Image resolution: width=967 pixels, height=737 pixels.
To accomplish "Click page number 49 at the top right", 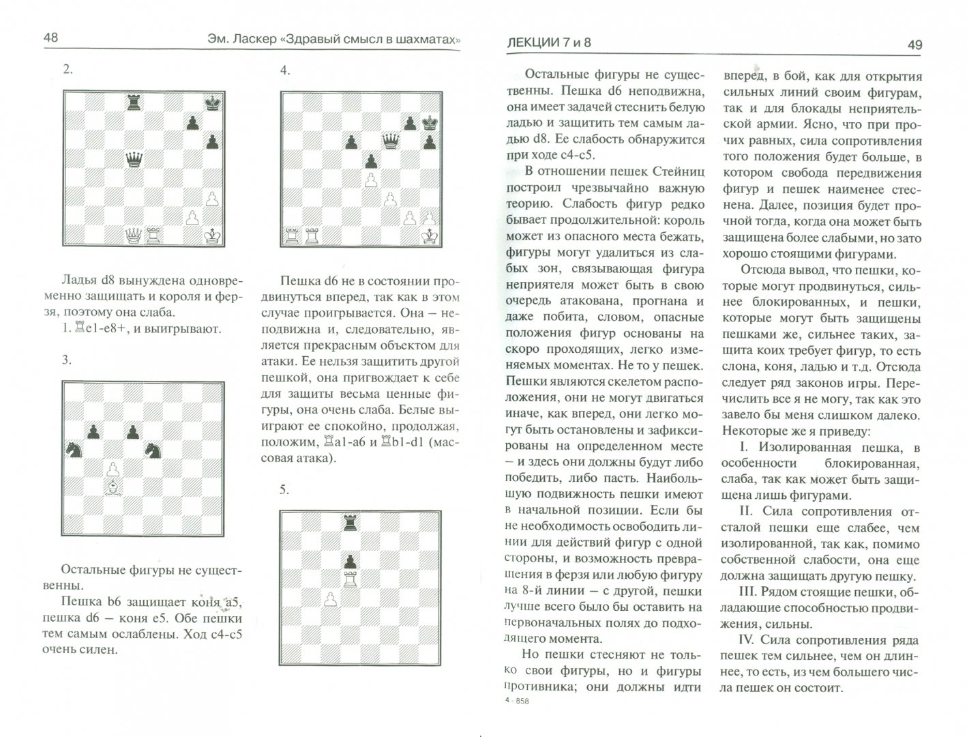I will tap(914, 45).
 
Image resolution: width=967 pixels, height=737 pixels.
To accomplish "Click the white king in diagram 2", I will tap(212, 235).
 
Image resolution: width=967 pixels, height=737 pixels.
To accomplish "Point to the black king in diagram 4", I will tap(430, 123).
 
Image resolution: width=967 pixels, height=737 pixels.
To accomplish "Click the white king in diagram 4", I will tap(430, 236).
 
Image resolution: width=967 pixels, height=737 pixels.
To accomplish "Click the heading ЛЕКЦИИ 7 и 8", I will tap(549, 42).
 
